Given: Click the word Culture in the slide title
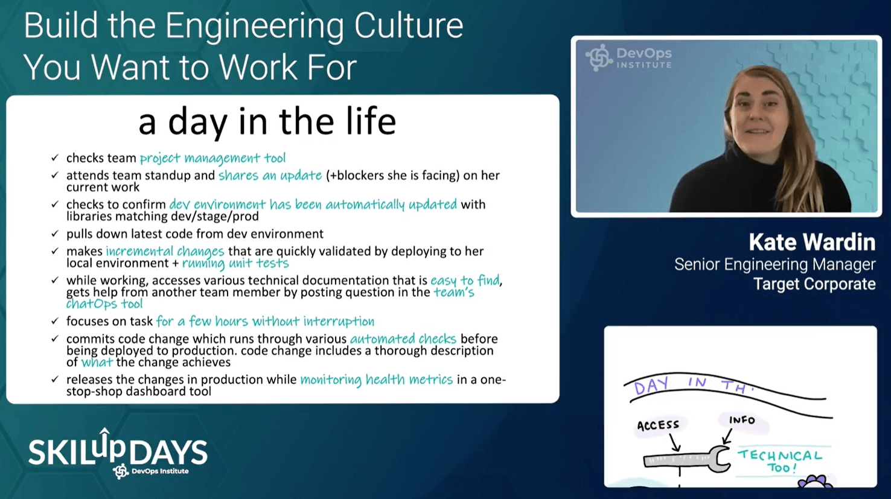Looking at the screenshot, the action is click(x=409, y=25).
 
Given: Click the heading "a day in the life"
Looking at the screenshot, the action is click(x=267, y=121).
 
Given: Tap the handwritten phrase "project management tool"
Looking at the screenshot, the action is click(x=213, y=158).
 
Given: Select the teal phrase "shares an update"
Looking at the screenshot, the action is click(x=270, y=176).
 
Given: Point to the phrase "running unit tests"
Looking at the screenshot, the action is click(x=235, y=263).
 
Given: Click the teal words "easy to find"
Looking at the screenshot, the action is click(x=465, y=281).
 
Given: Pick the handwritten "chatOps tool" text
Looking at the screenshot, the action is click(x=104, y=304).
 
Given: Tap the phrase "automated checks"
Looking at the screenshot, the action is click(x=403, y=338).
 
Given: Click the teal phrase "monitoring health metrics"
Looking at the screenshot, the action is click(x=376, y=380).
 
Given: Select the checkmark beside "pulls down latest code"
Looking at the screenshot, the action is click(x=55, y=234).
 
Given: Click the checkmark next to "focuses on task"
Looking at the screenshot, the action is click(x=55, y=320).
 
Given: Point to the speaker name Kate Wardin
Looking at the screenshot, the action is click(x=812, y=242).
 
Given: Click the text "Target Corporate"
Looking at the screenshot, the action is click(x=814, y=284).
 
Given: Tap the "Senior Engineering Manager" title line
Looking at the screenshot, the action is click(x=775, y=264).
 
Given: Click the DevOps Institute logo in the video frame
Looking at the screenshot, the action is click(x=628, y=58).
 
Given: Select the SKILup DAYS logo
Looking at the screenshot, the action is click(x=118, y=453).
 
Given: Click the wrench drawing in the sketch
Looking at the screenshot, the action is click(x=687, y=459).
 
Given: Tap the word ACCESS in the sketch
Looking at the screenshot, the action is click(x=658, y=425).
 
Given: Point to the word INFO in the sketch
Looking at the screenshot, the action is click(x=742, y=420).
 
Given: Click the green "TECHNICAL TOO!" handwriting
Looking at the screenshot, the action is click(x=780, y=461).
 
